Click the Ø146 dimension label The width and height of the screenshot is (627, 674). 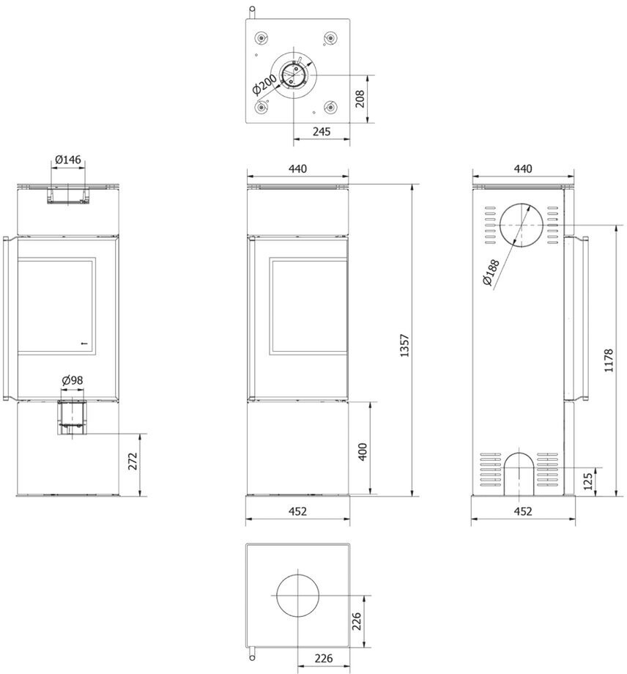[x=68, y=160]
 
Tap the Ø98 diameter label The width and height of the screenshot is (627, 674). [x=73, y=380]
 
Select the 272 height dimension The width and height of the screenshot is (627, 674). [x=133, y=462]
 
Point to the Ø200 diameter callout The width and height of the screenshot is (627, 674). [x=264, y=85]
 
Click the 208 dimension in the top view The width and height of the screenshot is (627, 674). [x=360, y=98]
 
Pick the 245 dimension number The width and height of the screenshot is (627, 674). [x=322, y=132]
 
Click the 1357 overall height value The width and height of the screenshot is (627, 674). [x=404, y=345]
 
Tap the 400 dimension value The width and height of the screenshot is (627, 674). [x=363, y=452]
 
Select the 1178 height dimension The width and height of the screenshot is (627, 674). [x=609, y=360]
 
